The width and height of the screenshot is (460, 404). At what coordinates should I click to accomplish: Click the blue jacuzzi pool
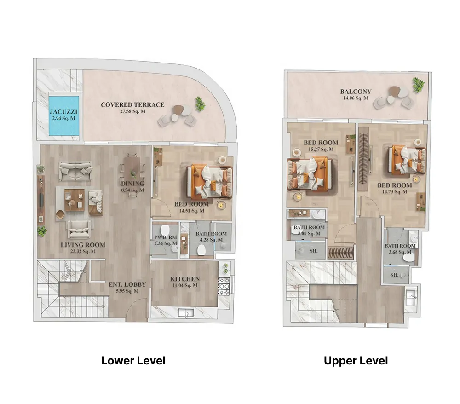coord(63,115)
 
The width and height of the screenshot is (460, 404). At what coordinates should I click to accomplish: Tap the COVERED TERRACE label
coord(132,105)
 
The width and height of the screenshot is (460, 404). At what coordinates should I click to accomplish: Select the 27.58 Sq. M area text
coord(132,111)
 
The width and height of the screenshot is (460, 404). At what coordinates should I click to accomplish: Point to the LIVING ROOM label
coord(83,245)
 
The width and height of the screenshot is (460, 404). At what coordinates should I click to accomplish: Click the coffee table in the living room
coord(75,200)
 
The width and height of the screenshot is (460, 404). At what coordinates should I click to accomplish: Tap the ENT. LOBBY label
coord(127,284)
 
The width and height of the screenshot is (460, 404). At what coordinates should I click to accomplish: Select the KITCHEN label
coord(185,279)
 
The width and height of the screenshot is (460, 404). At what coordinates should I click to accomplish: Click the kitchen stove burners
coord(224,286)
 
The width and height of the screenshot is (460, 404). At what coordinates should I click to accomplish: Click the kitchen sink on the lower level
coord(186,312)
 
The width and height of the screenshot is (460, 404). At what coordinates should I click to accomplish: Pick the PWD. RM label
coord(166,237)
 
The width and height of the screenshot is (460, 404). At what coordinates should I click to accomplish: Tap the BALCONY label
coord(356,92)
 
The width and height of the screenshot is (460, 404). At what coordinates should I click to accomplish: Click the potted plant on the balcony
coord(419,85)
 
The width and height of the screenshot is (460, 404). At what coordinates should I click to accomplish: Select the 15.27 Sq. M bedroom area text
coord(321,150)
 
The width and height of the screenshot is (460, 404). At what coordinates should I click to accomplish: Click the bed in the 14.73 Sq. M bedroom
coord(407,161)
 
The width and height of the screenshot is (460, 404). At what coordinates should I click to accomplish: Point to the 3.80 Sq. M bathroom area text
coord(309,234)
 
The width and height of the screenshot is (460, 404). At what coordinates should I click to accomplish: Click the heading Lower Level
coord(133,361)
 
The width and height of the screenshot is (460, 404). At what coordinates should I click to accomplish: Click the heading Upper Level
coord(356,361)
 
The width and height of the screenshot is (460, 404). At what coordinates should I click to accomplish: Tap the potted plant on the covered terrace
coord(200,104)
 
